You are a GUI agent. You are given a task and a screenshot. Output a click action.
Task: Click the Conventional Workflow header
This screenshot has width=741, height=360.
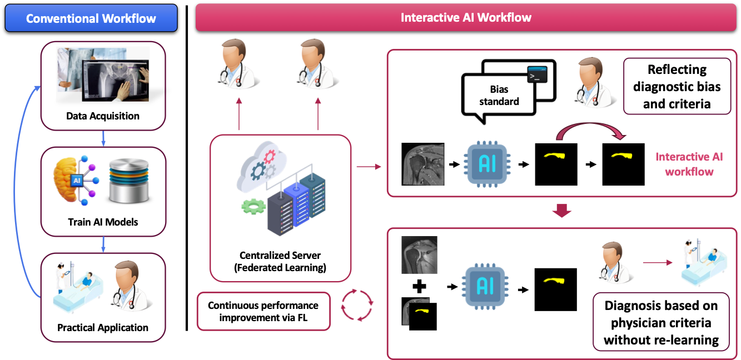(x=91, y=18)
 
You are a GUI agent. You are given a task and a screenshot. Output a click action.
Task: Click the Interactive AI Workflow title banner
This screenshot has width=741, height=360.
(x=466, y=18)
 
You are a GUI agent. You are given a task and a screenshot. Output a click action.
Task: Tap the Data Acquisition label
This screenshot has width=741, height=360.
(x=103, y=116)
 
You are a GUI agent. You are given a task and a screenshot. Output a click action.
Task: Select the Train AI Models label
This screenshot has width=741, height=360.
(x=103, y=222)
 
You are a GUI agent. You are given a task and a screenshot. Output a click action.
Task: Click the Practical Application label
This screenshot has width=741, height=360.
(x=103, y=327)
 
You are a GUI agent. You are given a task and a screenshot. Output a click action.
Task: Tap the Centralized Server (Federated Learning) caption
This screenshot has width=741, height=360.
(x=280, y=262)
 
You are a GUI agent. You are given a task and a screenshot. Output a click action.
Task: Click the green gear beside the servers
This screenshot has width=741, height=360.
(x=253, y=207)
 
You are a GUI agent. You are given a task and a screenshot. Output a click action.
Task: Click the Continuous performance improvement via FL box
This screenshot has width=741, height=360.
(x=263, y=311)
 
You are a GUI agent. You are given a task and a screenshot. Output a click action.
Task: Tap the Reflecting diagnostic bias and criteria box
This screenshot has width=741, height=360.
(x=677, y=86)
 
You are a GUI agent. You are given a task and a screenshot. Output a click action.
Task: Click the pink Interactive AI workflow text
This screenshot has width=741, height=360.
(x=689, y=164)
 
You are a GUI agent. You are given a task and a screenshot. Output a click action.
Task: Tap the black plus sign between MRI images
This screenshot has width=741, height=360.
(x=419, y=286)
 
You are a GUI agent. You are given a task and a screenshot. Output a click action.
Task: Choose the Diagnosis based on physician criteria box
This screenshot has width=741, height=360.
(x=661, y=322)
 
